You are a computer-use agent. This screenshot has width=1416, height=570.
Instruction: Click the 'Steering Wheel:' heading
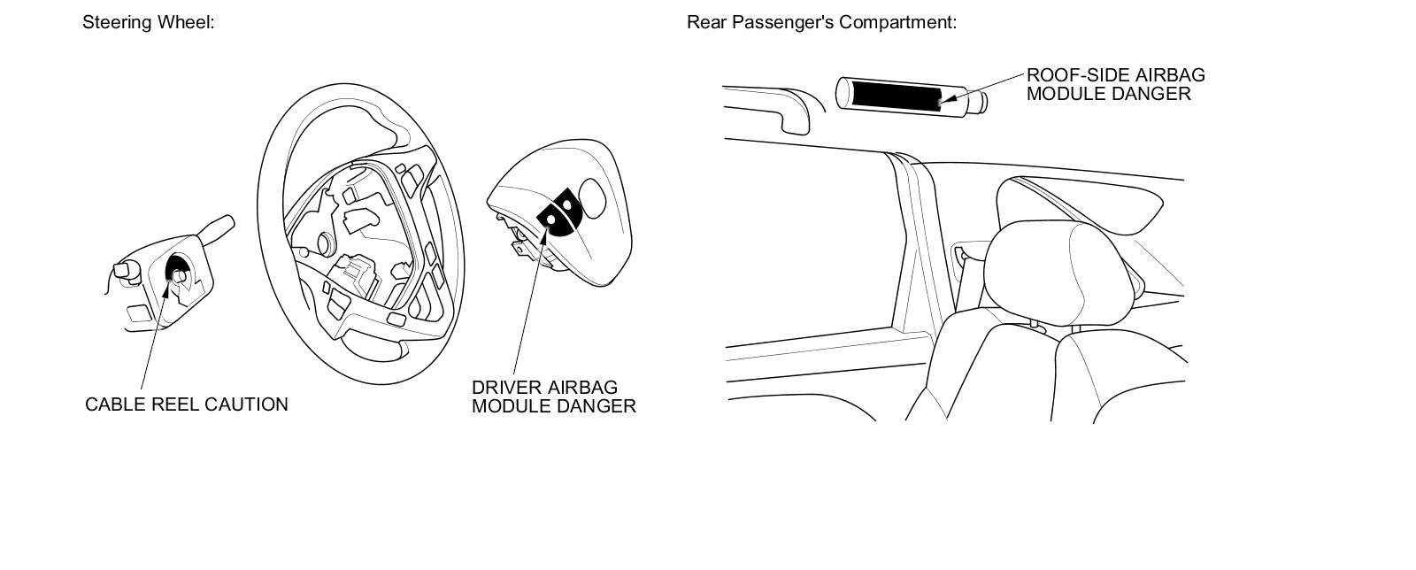click(x=148, y=22)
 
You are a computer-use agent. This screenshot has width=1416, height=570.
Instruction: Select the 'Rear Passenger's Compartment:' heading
click(x=821, y=22)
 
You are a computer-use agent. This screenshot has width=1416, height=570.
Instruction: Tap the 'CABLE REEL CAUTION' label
click(x=186, y=404)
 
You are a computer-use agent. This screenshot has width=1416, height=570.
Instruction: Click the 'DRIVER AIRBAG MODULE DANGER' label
click(x=553, y=397)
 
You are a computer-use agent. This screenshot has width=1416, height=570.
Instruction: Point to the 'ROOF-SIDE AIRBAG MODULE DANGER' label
click(x=1115, y=84)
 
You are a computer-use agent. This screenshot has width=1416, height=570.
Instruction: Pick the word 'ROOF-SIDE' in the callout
click(x=1074, y=75)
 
